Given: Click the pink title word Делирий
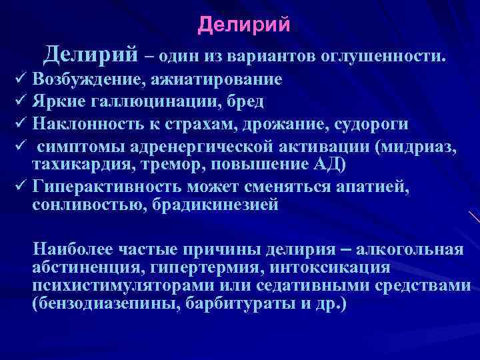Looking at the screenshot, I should [x=244, y=25].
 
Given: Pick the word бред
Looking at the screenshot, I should [x=246, y=101].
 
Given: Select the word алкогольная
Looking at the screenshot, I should [x=410, y=250].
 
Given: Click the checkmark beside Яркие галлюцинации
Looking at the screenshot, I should [x=18, y=102].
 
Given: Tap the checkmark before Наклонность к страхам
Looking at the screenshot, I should [x=18, y=124].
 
